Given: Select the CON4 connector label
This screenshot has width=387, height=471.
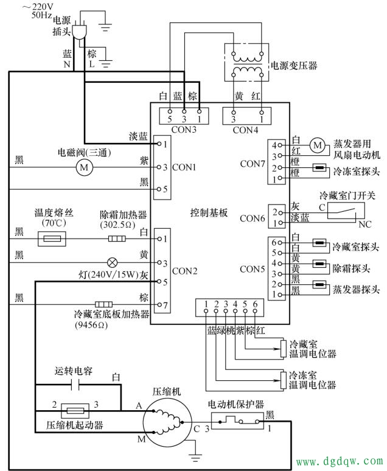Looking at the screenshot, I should coord(245,130).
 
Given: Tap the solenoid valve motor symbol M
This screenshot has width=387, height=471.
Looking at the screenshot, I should coord(85,167).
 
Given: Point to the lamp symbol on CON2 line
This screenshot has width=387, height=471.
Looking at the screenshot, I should coord(112,263).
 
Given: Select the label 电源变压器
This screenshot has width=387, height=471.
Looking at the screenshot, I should coord(294,65).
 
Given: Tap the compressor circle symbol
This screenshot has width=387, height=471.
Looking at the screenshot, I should coord(166,421).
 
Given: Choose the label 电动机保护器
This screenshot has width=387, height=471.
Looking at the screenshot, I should coord(235,403).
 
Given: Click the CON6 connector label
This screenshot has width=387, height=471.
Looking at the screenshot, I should coord(252,218).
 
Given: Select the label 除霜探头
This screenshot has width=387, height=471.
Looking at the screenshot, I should coord(352,268).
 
